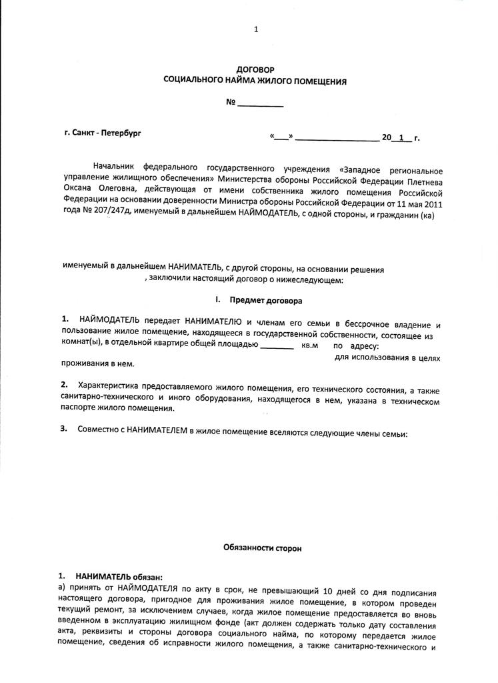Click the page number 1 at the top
point(256,29)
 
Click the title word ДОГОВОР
point(255,69)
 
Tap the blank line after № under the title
point(261,105)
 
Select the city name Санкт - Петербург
point(108,133)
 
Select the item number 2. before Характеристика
point(65,385)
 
